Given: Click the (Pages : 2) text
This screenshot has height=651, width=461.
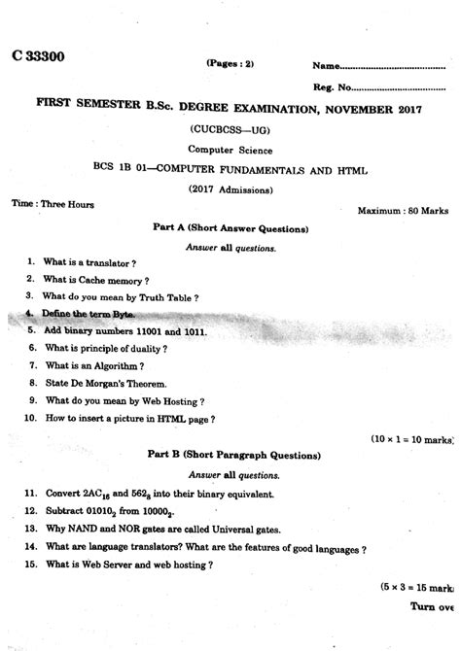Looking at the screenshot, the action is [230, 63].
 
